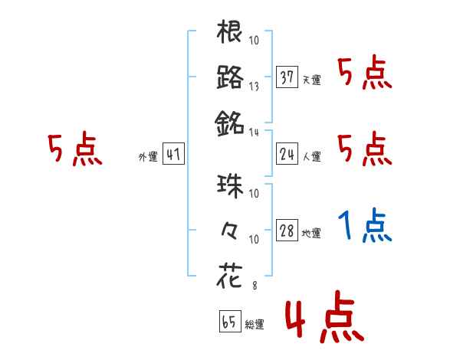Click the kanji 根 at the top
pos(230,34)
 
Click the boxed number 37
pos(287,78)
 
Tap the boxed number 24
pos(287,155)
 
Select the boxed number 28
pos(287,231)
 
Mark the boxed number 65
pos(229,322)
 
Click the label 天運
pos(311,80)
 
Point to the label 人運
pos(311,156)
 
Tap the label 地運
pos(311,233)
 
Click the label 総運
pos(254,324)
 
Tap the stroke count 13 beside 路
pos(254,87)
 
